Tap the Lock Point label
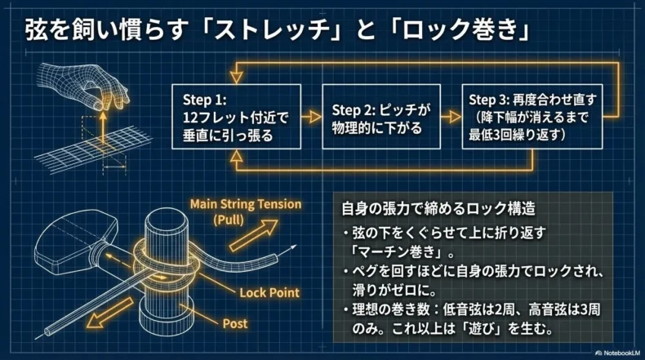click(x=269, y=292)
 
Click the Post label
click(x=235, y=324)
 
